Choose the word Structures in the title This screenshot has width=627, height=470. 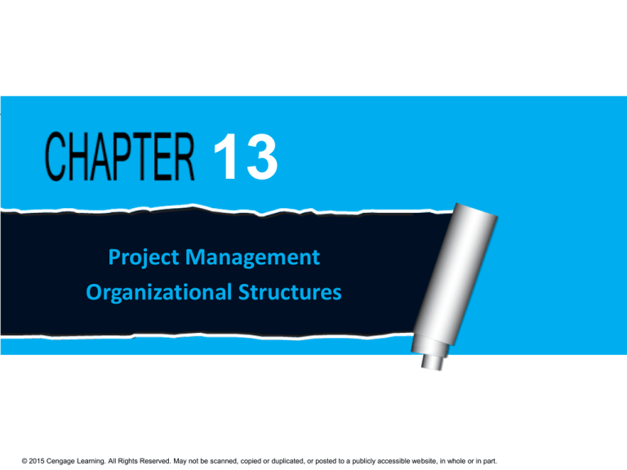coord(291,291)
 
